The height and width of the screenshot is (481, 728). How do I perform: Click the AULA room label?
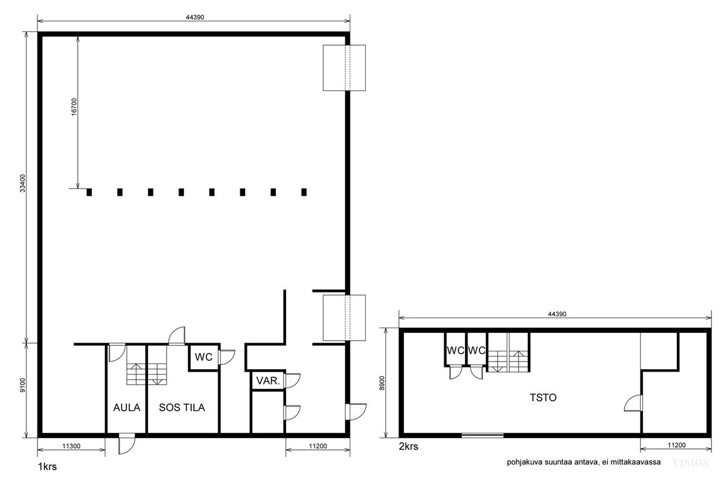pyautogui.click(x=127, y=408)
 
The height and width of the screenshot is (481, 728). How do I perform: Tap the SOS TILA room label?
pyautogui.click(x=181, y=408)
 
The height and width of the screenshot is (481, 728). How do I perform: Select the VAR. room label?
pyautogui.click(x=268, y=381)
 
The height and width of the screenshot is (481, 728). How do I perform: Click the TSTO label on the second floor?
pyautogui.click(x=543, y=398)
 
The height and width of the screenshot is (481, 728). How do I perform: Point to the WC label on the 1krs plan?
pyautogui.click(x=203, y=357)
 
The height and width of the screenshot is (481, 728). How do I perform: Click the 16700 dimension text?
pyautogui.click(x=74, y=107)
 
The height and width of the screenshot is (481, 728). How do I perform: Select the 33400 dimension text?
pyautogui.click(x=23, y=183)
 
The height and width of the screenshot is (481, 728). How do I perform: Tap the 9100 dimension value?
pyautogui.click(x=23, y=385)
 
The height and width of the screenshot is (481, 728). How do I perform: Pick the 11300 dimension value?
pyautogui.click(x=71, y=446)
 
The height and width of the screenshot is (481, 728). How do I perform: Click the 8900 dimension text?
pyautogui.click(x=382, y=383)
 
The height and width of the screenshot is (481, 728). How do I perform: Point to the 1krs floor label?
pyautogui.click(x=48, y=467)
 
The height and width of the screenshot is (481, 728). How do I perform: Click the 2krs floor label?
pyautogui.click(x=409, y=447)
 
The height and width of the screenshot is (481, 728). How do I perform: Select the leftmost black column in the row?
pyautogui.click(x=89, y=192)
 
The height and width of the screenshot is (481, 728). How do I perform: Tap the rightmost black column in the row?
pyautogui.click(x=304, y=192)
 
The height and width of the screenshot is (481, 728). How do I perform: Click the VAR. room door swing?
pyautogui.click(x=292, y=381)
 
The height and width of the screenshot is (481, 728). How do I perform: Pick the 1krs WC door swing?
pyautogui.click(x=227, y=357)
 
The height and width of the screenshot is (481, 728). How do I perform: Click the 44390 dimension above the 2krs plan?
pyautogui.click(x=557, y=314)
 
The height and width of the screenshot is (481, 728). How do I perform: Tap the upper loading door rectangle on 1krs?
pyautogui.click(x=344, y=68)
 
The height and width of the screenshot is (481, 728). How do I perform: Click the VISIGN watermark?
pyautogui.click(x=691, y=463)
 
